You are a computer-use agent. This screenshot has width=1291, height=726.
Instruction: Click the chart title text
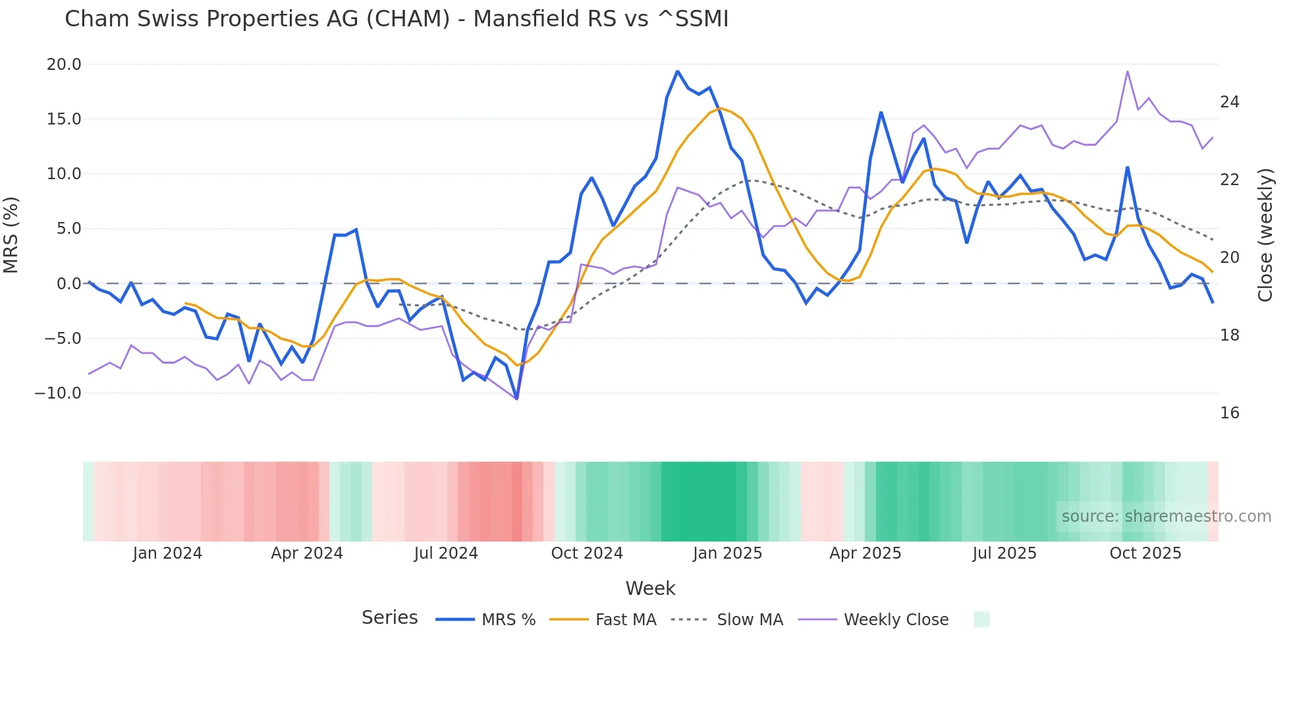coord(397,19)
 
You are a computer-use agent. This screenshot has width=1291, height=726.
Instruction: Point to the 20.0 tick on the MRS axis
coord(64,65)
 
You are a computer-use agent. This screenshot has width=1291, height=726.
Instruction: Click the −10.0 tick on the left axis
coord(58,393)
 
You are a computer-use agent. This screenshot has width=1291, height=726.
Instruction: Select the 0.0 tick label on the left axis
coord(69,284)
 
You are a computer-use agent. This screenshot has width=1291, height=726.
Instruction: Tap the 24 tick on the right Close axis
coord(1229,102)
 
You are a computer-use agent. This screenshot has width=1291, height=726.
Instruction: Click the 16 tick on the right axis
coord(1229,413)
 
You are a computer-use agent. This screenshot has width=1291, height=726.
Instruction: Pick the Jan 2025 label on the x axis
coord(727,553)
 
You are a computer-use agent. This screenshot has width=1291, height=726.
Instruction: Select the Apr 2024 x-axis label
coord(307,553)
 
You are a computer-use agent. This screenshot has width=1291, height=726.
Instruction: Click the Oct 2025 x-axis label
coord(1145,553)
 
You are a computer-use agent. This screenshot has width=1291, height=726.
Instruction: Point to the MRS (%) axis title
coord(11,235)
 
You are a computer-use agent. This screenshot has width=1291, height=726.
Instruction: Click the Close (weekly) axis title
coord(1265,235)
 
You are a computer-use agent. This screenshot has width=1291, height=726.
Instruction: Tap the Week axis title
coord(650,588)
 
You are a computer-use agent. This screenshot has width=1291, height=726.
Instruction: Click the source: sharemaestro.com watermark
coord(1166,517)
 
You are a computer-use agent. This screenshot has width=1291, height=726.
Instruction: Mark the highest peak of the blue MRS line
coord(677,71)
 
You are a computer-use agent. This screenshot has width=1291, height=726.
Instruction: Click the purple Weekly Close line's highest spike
coord(1128,72)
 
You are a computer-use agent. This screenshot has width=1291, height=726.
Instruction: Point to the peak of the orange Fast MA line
coord(719,108)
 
